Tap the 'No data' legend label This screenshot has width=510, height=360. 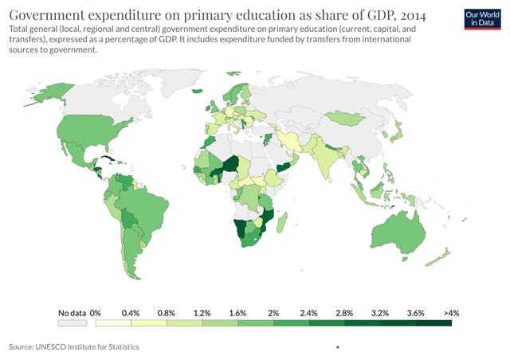click(72, 313)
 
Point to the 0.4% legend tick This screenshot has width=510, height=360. click(131, 313)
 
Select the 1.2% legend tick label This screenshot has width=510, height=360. click(202, 313)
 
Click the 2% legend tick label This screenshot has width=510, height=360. click(273, 313)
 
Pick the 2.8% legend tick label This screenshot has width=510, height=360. click(344, 313)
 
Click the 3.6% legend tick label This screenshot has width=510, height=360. click(415, 313)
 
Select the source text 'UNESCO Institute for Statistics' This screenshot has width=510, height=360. click(92, 347)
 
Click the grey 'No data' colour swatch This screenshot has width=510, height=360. click(72, 323)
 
